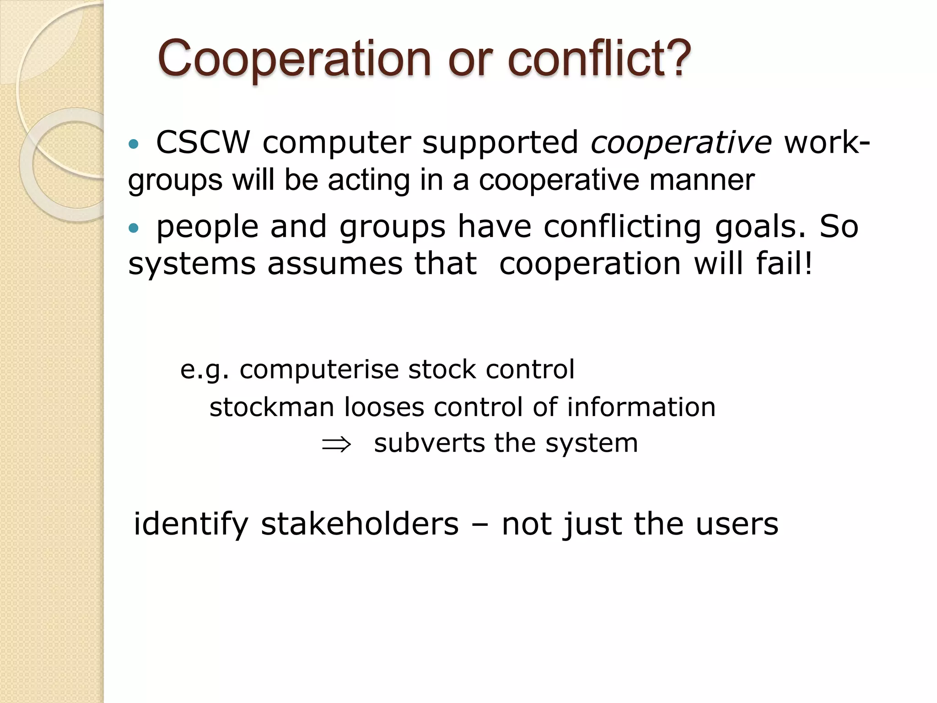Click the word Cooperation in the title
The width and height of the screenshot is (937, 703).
coord(294,59)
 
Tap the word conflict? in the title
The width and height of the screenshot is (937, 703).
coord(599,59)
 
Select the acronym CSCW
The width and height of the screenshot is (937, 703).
coord(203,142)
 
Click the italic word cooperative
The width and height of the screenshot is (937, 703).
coord(681,143)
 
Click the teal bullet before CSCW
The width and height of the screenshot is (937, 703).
coord(133,145)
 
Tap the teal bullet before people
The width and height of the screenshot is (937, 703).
coord(133,228)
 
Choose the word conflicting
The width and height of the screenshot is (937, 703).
coord(622,227)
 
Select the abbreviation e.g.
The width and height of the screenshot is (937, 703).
coord(204,370)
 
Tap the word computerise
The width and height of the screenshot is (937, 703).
coord(319,369)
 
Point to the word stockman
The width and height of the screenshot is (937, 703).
coord(272,407)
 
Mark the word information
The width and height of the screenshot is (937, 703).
coord(641,407)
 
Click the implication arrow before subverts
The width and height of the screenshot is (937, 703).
coord(336,444)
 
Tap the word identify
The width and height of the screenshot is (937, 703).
coord(191,525)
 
